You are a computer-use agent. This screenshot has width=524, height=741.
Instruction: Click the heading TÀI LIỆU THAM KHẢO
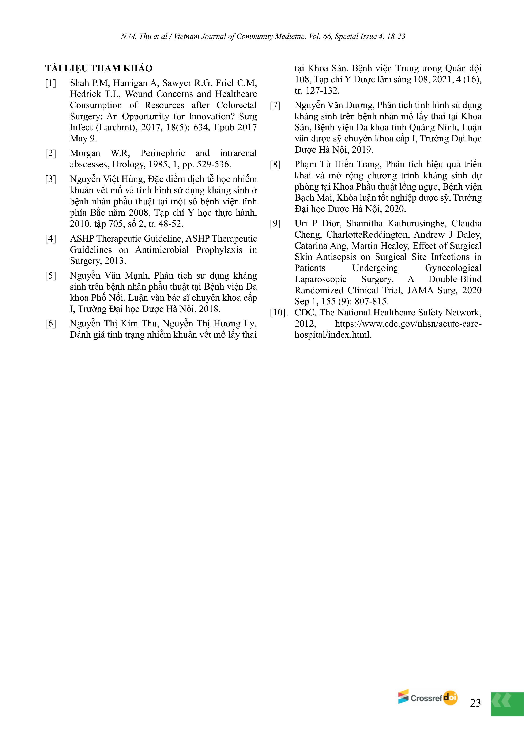99,68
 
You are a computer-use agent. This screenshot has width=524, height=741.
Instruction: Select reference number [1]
50,83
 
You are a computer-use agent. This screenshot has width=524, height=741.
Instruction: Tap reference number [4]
50,239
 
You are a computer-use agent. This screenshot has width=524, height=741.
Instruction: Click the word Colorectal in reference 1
237,105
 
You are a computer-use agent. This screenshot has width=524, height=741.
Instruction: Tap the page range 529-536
213,165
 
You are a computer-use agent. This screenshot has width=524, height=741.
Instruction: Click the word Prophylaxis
219,250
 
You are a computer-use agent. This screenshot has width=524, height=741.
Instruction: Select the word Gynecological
453,268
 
